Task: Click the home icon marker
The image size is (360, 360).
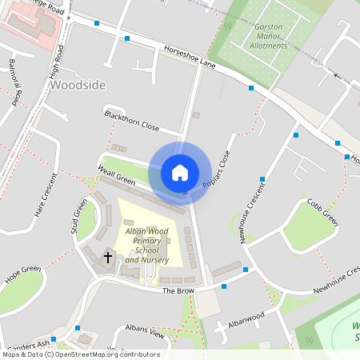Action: click(180, 172)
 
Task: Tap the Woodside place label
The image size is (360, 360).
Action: click(77, 83)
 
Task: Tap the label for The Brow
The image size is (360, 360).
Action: click(178, 290)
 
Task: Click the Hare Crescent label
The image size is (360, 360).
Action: click(46, 195)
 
